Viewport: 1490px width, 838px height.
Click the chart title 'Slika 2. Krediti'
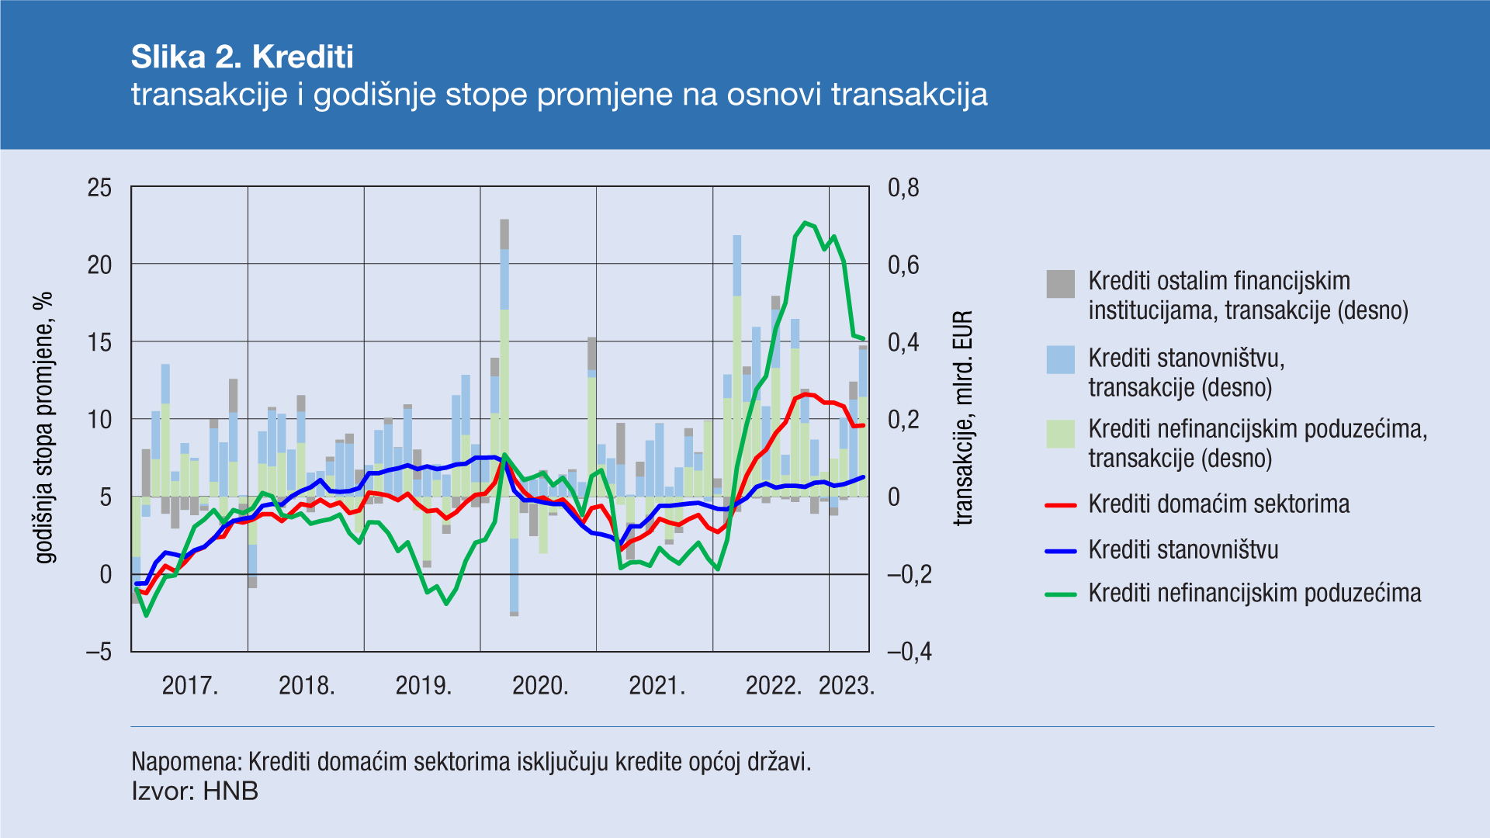[242, 57]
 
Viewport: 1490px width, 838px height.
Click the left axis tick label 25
[99, 188]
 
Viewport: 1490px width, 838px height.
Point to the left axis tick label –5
[99, 652]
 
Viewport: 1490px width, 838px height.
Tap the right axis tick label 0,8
[903, 188]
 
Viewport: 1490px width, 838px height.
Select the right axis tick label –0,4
[909, 652]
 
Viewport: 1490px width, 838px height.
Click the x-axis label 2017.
[190, 686]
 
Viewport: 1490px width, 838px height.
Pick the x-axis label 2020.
[540, 686]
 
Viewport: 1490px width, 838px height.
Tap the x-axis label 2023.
[847, 686]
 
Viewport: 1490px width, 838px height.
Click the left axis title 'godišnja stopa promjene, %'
[45, 428]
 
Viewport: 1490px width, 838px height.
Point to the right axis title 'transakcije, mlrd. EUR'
[962, 419]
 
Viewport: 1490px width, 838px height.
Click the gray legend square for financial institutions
[1060, 284]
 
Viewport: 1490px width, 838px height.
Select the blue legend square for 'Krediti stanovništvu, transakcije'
[1060, 360]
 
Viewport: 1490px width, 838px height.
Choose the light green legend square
[1060, 434]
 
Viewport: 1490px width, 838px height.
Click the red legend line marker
[1060, 505]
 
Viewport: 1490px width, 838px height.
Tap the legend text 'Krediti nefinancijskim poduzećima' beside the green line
[1254, 594]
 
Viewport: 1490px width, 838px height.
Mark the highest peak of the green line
[805, 223]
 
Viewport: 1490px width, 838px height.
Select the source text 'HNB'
[230, 791]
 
